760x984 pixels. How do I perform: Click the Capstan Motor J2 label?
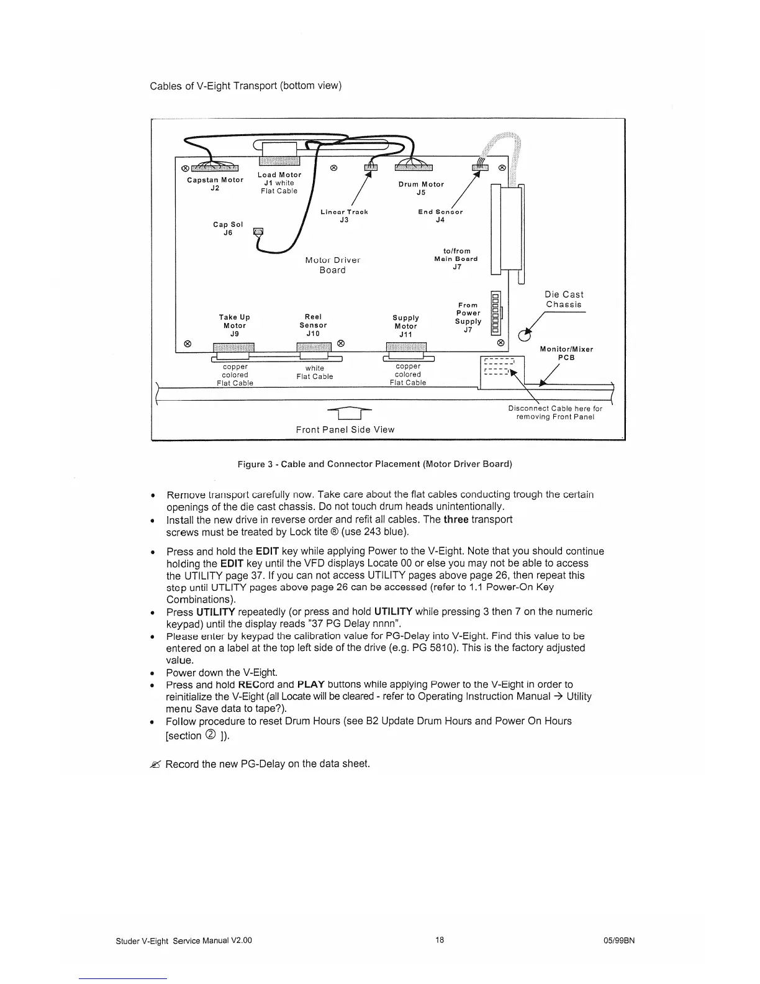click(215, 184)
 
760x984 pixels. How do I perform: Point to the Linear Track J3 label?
click(344, 216)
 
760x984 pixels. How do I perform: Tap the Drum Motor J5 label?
click(421, 188)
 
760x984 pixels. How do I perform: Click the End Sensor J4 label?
click(440, 216)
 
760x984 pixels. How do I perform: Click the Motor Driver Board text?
click(333, 265)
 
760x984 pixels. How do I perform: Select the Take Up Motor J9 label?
click(235, 325)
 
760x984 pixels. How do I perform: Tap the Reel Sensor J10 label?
click(313, 325)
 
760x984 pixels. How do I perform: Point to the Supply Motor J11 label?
click(405, 326)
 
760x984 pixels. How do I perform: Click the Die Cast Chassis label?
click(564, 299)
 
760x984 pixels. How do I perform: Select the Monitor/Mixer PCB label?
click(566, 353)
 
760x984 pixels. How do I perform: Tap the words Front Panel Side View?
click(345, 429)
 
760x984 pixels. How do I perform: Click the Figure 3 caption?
click(375, 464)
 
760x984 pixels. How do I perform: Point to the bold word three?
click(456, 519)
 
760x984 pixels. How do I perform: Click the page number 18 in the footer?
click(440, 940)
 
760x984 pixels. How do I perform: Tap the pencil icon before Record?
click(155, 764)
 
